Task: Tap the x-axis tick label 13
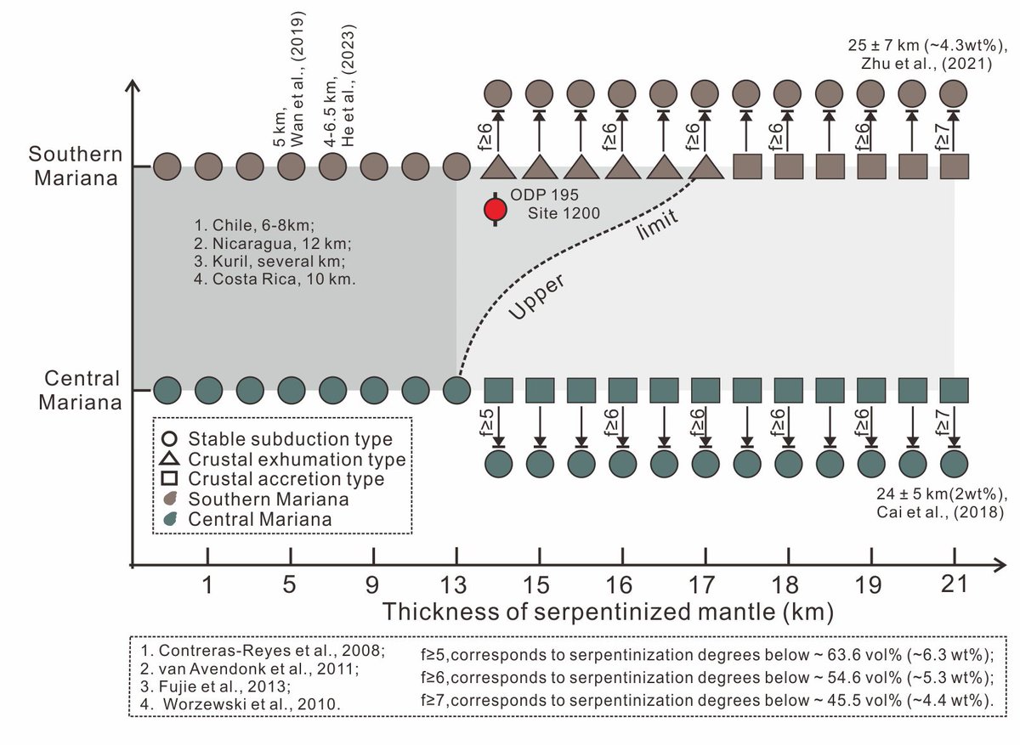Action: pos(456,585)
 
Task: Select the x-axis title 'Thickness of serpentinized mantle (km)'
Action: pos(608,612)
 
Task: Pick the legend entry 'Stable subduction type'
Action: pos(290,439)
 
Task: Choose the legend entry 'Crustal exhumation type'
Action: pos(297,460)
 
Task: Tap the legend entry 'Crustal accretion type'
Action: pos(286,479)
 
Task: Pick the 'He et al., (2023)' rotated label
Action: pos(347,82)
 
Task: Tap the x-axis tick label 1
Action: pos(207,585)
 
